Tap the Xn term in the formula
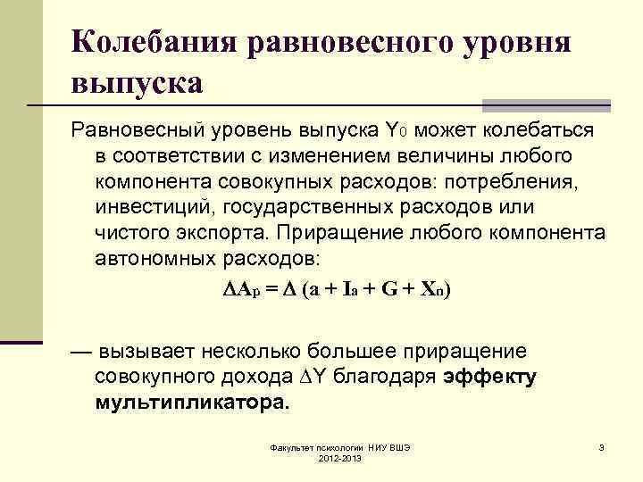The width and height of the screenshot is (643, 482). click(433, 290)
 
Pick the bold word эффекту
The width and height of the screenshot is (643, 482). click(489, 376)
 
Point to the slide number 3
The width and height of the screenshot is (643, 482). click(602, 446)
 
